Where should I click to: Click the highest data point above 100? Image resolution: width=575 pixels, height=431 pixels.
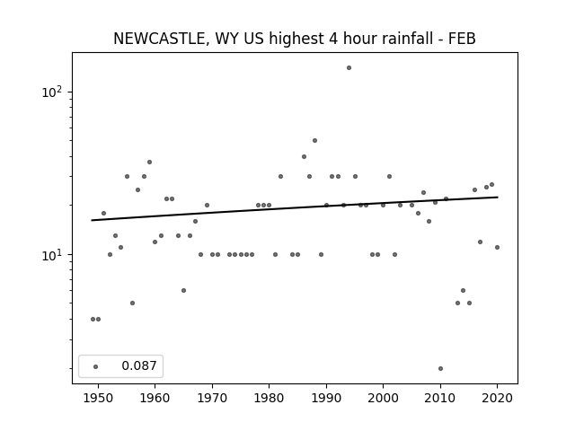click(349, 68)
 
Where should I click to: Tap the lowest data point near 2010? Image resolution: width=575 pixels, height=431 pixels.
click(440, 369)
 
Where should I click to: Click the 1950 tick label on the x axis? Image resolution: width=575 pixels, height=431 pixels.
click(98, 399)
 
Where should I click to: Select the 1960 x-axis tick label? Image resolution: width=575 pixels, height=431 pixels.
click(155, 399)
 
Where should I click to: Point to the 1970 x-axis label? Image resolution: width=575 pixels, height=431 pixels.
click(212, 399)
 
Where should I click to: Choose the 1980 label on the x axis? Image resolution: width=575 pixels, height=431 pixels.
click(269, 399)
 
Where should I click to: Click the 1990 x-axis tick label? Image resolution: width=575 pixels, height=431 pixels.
click(326, 399)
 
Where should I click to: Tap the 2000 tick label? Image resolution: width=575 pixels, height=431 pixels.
click(384, 399)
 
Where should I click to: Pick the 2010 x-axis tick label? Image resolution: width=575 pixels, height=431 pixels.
click(440, 399)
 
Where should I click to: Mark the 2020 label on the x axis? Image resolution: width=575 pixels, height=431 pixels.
click(497, 399)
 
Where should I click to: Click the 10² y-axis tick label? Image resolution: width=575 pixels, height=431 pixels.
click(52, 92)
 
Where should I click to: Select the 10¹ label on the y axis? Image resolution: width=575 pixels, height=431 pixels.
click(52, 255)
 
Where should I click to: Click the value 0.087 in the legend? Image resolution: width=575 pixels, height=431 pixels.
click(139, 365)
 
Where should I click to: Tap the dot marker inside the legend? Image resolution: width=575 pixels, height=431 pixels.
click(95, 366)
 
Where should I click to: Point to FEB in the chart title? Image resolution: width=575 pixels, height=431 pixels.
click(462, 39)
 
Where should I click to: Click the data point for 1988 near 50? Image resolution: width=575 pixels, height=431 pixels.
click(314, 141)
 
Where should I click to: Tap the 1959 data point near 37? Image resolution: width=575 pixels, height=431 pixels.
click(149, 162)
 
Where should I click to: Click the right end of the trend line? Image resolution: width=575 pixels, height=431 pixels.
click(498, 198)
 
